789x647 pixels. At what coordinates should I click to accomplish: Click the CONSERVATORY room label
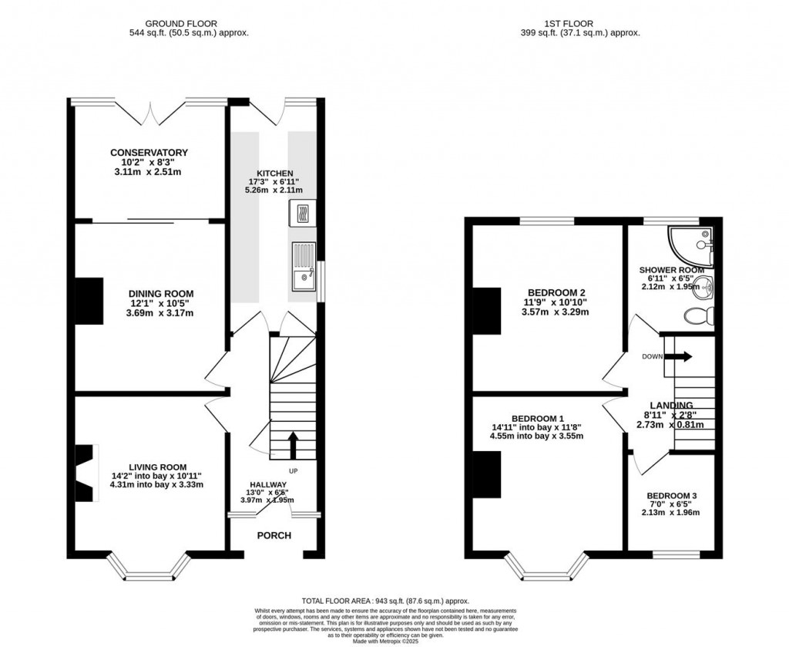click(x=149, y=153)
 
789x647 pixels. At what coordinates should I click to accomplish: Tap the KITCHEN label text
click(x=275, y=174)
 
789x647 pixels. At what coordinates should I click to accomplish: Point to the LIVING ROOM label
click(x=158, y=467)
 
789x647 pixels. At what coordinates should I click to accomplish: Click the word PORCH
click(x=274, y=535)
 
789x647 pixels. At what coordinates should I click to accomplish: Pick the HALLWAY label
click(x=267, y=484)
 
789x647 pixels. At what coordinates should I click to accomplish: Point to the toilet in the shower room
click(x=700, y=316)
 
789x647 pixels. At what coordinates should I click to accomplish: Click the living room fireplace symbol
click(x=84, y=473)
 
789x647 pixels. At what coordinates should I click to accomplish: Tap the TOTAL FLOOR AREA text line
click(x=384, y=601)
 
